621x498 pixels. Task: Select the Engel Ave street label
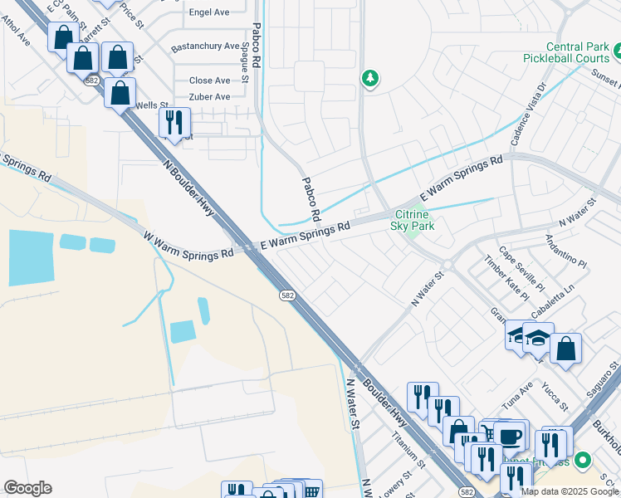tap(209, 13)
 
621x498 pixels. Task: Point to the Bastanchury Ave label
tap(204, 47)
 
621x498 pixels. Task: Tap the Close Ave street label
tap(209, 81)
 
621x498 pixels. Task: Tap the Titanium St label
tap(408, 454)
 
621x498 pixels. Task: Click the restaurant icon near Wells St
tap(174, 122)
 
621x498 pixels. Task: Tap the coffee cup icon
tap(509, 435)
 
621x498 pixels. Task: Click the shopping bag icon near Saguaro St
tap(565, 349)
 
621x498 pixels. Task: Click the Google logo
tap(27, 488)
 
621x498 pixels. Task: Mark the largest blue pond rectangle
tap(32, 257)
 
